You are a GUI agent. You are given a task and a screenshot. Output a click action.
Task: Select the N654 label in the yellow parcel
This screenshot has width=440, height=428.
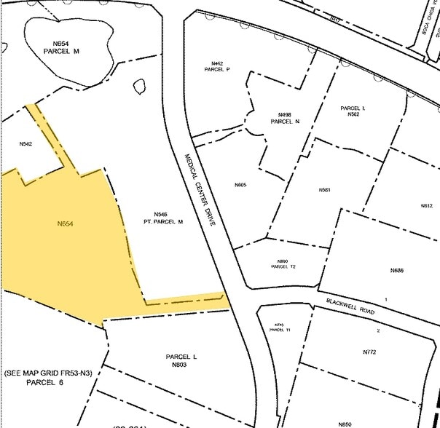click(66, 223)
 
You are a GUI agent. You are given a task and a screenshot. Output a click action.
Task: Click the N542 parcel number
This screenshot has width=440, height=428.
click(25, 144)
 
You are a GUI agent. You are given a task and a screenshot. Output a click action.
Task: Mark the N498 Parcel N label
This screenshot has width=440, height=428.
click(284, 118)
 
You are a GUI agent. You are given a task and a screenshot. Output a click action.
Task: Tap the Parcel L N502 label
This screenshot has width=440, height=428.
click(353, 111)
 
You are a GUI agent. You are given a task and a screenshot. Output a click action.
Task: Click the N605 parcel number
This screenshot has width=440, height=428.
click(240, 186)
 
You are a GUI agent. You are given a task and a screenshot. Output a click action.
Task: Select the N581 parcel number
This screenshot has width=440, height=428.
click(325, 190)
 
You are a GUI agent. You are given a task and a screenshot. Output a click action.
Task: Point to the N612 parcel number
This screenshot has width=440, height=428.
click(427, 206)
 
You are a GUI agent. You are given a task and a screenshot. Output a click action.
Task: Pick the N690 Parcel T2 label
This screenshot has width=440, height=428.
click(283, 263)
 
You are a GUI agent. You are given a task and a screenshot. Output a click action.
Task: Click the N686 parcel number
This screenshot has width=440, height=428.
click(397, 271)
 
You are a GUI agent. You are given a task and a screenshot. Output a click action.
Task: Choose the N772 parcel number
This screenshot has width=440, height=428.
click(369, 352)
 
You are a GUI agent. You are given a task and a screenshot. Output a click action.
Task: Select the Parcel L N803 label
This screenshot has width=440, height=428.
click(181, 360)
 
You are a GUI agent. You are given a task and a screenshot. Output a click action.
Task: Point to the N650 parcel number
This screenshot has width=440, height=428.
click(345, 424)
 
